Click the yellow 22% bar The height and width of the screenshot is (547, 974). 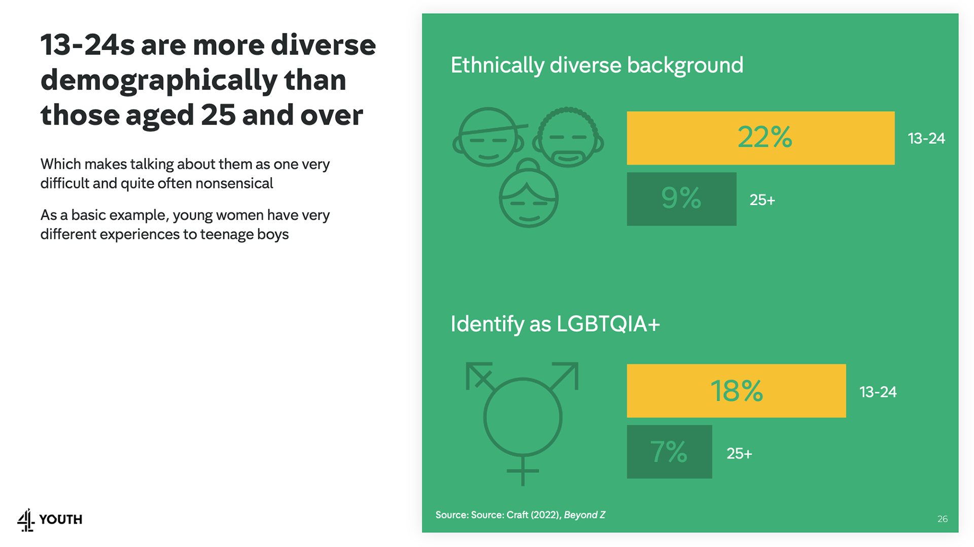(760, 138)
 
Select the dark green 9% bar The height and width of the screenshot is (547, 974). (681, 199)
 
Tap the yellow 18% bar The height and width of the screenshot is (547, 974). (736, 391)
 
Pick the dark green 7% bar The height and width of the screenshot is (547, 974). (669, 452)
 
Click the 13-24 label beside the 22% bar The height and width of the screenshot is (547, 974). (926, 138)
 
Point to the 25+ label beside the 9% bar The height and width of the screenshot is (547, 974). (762, 200)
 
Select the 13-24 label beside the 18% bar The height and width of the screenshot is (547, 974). (878, 392)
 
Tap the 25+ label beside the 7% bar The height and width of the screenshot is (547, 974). (739, 453)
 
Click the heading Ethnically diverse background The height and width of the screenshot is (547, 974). (597, 65)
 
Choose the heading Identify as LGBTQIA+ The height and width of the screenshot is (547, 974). (555, 324)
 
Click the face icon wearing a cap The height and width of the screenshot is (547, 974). (488, 137)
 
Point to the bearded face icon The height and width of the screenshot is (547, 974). (568, 137)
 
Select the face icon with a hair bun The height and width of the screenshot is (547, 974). (528, 195)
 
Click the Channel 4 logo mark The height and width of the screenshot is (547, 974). (26, 520)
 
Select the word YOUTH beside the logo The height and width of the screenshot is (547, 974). (60, 520)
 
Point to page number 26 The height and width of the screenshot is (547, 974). (942, 519)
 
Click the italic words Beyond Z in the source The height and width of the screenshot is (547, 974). (584, 514)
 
